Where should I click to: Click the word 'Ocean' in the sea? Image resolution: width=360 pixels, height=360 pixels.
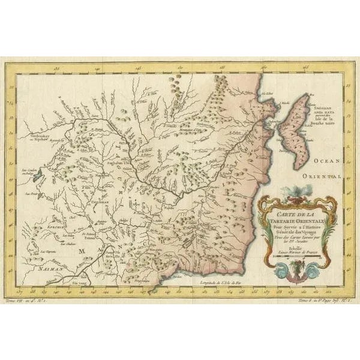[327, 161]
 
